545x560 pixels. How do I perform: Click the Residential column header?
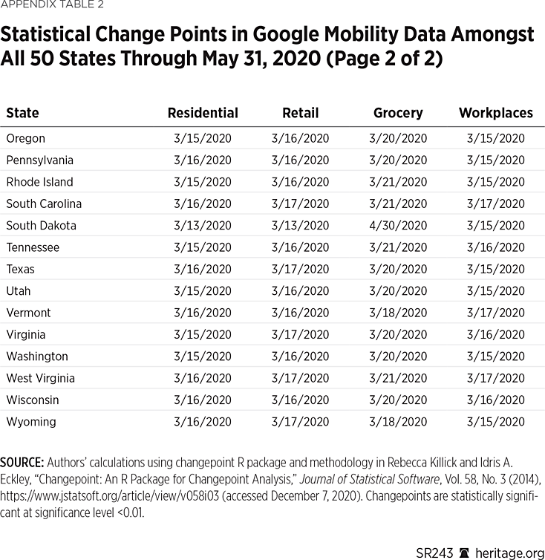click(x=203, y=113)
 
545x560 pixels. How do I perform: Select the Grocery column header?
click(x=398, y=113)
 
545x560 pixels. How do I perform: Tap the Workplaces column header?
click(x=495, y=113)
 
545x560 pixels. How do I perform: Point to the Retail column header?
click(x=300, y=113)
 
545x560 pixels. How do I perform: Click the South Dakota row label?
click(x=41, y=225)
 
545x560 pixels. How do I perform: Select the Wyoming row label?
click(x=30, y=422)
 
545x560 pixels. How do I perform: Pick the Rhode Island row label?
click(x=39, y=182)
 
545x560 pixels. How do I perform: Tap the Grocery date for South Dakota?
click(x=398, y=225)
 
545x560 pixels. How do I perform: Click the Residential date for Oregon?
click(x=203, y=138)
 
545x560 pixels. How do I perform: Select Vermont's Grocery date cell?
click(x=398, y=313)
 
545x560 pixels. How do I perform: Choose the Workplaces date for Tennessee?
click(x=495, y=247)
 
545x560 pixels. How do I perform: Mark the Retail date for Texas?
click(x=300, y=269)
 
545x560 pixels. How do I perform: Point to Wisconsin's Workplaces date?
click(x=495, y=400)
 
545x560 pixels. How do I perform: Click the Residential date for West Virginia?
click(x=203, y=378)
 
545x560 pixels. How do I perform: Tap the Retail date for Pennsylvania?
click(x=300, y=160)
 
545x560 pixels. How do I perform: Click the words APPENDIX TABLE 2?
click(x=52, y=5)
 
